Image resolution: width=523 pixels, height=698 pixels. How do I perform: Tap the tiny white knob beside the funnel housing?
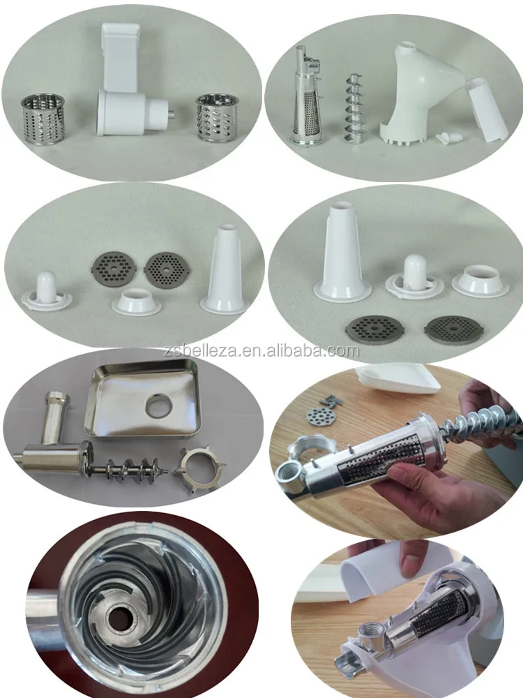(444, 139)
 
